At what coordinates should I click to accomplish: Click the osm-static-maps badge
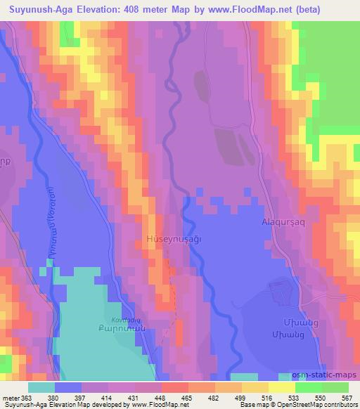328,377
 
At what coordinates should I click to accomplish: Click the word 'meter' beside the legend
11,397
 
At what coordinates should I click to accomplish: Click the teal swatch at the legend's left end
41,387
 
